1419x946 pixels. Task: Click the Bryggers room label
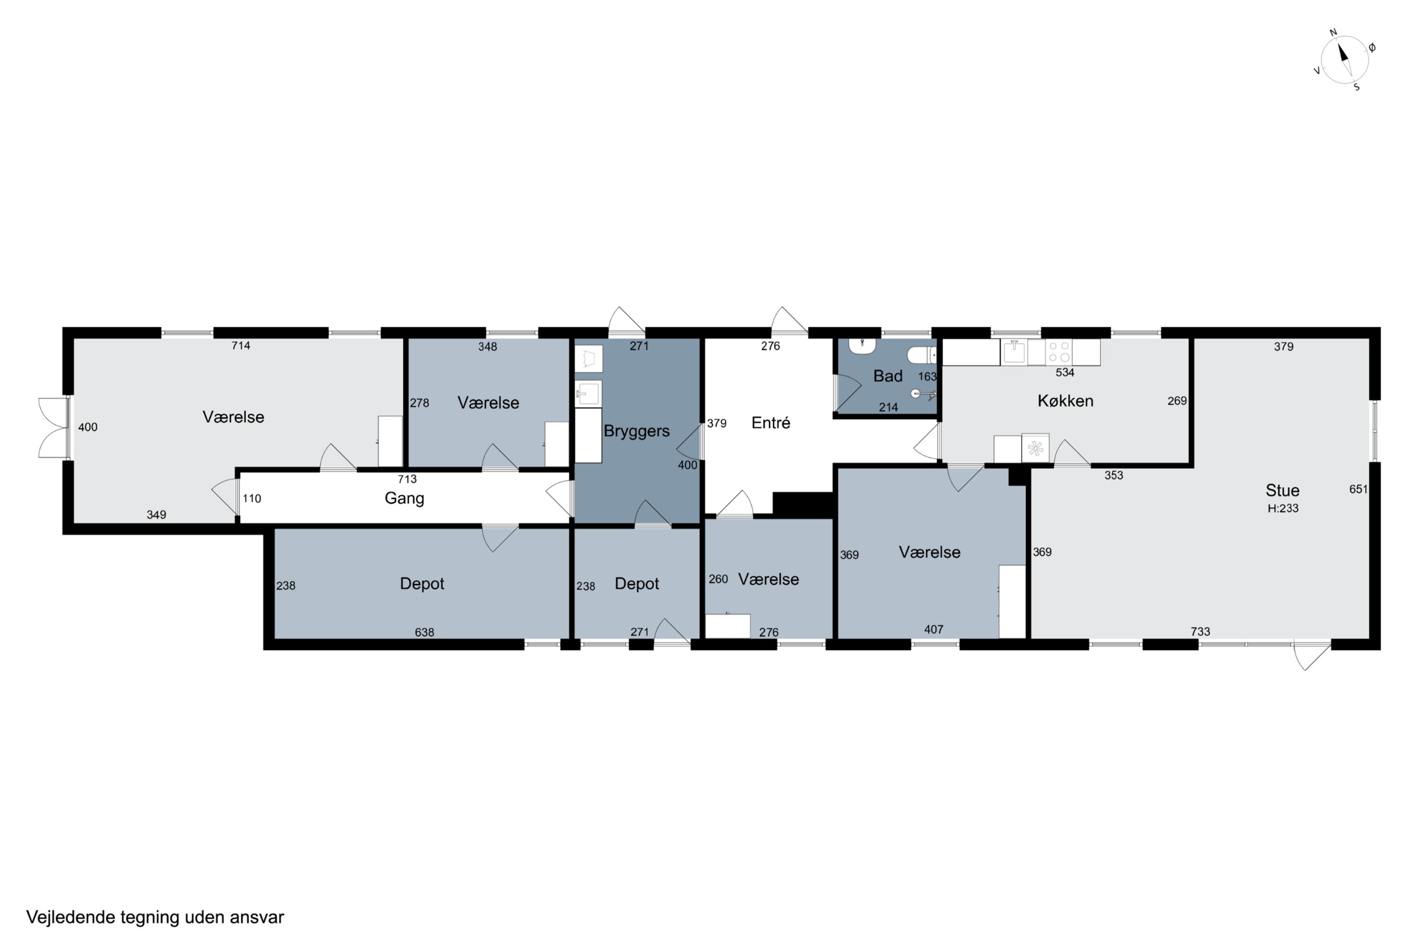point(637,431)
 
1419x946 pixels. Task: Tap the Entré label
point(771,423)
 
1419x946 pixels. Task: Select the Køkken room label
point(1065,401)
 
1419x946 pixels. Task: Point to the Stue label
point(1282,490)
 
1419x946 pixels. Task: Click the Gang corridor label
point(404,499)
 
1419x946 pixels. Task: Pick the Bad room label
point(887,376)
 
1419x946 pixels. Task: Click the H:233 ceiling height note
point(1283,508)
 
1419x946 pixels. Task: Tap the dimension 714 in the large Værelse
point(241,346)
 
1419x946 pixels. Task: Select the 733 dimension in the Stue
point(1200,631)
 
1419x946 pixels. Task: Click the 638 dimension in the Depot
point(424,632)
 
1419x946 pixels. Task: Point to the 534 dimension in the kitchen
point(1065,373)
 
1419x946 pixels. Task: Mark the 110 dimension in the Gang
point(252,499)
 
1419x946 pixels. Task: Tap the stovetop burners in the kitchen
point(1059,352)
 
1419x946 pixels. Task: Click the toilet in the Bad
point(921,355)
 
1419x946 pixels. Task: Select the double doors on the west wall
point(54,427)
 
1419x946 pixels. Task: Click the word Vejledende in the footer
point(70,918)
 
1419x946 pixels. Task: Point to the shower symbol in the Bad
point(923,394)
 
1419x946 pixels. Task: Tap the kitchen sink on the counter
point(1014,352)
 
